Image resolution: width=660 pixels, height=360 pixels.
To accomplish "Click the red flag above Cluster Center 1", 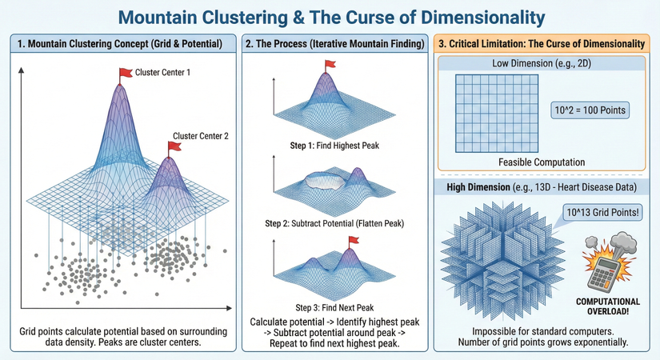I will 126,74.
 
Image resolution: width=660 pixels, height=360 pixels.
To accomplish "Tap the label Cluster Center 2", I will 201,136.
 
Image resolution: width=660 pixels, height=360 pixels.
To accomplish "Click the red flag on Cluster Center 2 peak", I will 174,146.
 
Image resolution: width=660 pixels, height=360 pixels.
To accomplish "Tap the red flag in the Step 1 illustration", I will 328,58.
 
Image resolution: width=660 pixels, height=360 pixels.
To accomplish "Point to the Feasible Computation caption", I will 542,162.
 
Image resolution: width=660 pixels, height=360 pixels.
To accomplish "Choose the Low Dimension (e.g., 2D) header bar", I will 542,62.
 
